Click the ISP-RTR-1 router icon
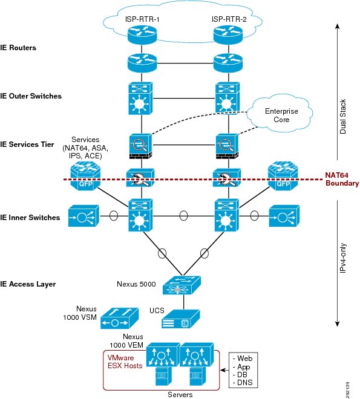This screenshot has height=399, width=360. pos(142,35)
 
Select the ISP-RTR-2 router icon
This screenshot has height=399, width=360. pos(228,35)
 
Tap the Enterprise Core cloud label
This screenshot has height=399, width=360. pos(281,115)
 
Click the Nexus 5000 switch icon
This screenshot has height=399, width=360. pos(182,285)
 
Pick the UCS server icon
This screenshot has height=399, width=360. pos(180,319)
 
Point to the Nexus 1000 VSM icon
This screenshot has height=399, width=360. pos(120,319)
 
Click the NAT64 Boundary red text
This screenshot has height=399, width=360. pos(342,179)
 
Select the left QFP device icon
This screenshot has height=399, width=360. pos(85,176)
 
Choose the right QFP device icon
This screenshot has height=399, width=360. pos(283,176)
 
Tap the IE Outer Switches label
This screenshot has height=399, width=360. pos(31,96)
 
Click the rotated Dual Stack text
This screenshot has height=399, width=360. pos(343,117)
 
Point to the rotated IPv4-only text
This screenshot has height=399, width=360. pos(343,258)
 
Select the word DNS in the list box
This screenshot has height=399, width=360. pos(245,383)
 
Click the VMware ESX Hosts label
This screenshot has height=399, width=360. pos(125,362)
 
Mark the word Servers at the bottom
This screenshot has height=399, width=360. pos(180,395)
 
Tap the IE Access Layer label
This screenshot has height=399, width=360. pos(28,284)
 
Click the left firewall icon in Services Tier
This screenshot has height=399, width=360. pos(140,147)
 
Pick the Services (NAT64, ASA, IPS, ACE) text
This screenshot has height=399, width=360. pos(85,148)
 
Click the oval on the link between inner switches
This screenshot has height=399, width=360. pos(183,216)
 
